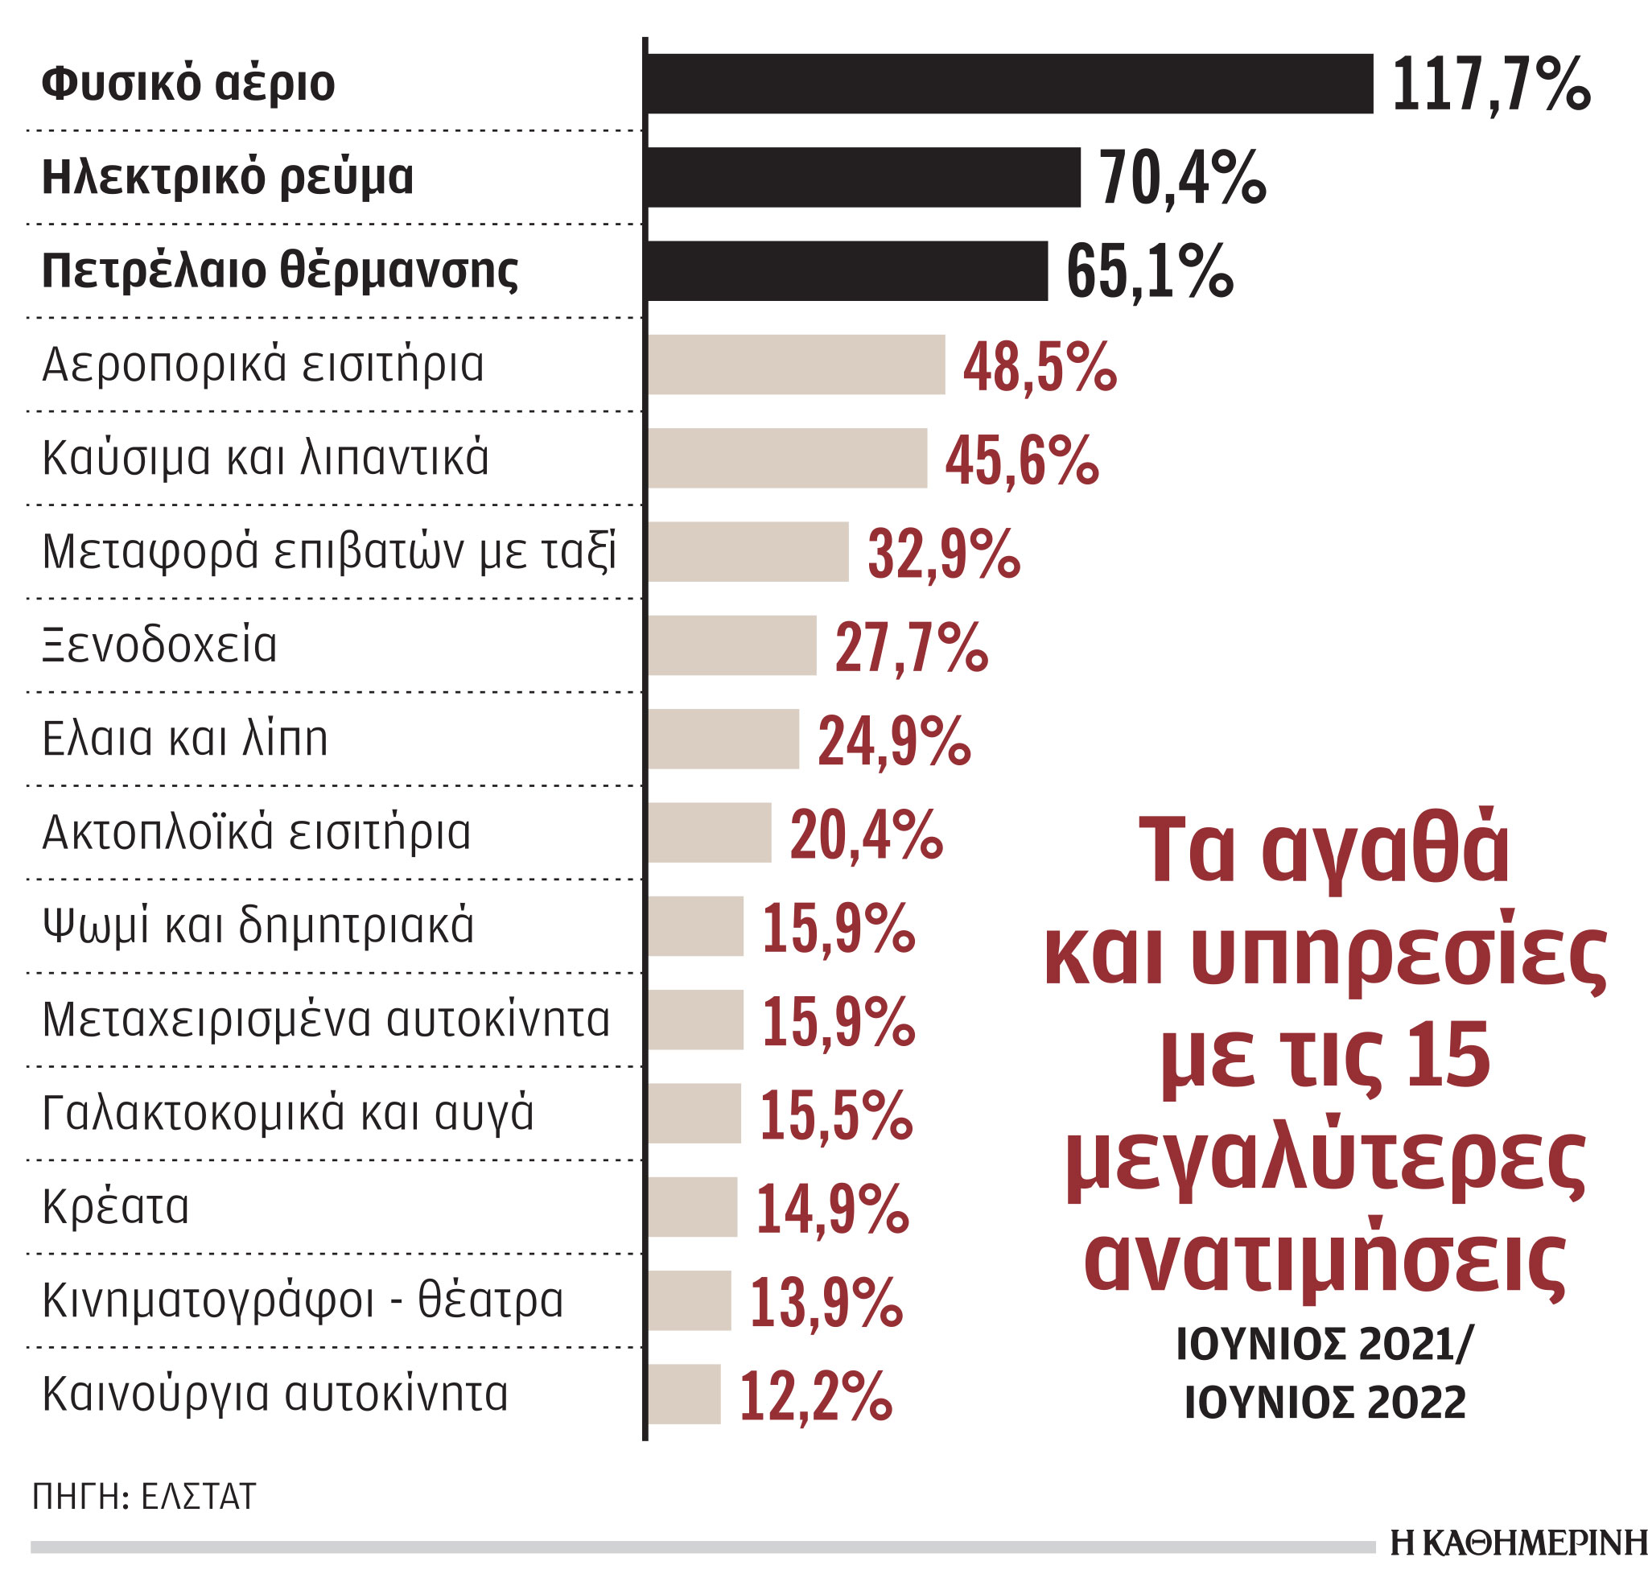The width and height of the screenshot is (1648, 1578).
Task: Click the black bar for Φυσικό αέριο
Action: click(x=1009, y=83)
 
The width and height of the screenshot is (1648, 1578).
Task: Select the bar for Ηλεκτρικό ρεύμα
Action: click(x=863, y=176)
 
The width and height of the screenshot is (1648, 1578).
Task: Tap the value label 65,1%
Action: click(x=1148, y=271)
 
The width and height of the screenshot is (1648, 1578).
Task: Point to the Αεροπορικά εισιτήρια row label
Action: click(x=263, y=365)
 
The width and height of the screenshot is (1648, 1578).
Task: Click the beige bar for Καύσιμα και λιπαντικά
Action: click(x=787, y=458)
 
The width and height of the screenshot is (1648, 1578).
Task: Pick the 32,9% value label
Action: click(x=943, y=554)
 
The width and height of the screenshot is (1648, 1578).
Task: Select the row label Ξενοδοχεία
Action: click(x=160, y=645)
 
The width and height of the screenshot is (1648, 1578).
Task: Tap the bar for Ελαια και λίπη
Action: click(x=723, y=739)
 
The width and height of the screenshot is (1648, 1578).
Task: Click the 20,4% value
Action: click(x=866, y=834)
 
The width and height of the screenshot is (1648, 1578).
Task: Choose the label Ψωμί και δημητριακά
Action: click(x=258, y=925)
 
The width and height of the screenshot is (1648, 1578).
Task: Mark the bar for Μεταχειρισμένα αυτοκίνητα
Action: click(x=695, y=1020)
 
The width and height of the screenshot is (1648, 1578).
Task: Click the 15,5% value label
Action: click(x=836, y=1115)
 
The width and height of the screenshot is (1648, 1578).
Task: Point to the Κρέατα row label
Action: click(x=116, y=1206)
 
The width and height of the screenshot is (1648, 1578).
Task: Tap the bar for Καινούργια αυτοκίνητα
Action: click(x=684, y=1394)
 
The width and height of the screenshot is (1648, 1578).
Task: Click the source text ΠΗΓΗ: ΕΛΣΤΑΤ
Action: click(x=144, y=1497)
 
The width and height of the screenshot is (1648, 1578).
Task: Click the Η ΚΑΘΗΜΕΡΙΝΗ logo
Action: click(x=1518, y=1543)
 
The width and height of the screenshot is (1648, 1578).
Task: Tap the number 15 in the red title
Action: click(x=1447, y=1056)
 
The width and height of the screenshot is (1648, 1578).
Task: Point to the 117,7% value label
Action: click(x=1491, y=85)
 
